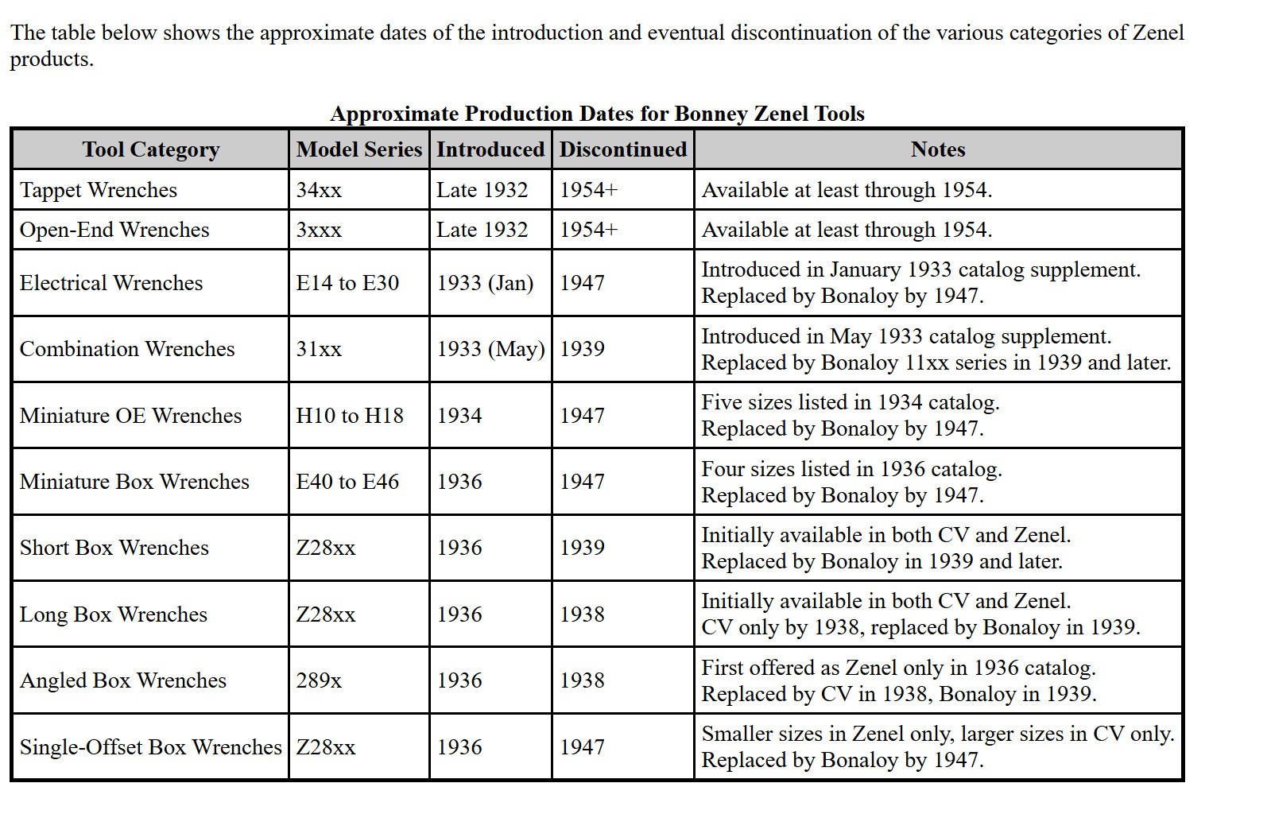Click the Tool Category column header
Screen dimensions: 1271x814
pos(150,149)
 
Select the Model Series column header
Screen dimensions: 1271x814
pos(359,149)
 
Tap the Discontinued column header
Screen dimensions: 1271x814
pos(623,149)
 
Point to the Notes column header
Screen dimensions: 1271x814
pos(938,149)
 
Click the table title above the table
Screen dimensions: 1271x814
pos(597,114)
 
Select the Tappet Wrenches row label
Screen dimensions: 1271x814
pos(98,190)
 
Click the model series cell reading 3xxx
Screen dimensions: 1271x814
pos(319,230)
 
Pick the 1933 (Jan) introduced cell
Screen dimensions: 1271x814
pos(485,283)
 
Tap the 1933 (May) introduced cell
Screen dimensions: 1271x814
pos(490,349)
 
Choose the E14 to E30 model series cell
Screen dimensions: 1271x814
pos(347,283)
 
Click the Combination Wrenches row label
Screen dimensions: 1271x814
pos(127,349)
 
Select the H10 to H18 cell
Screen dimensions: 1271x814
pos(350,416)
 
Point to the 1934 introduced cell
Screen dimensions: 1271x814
pos(459,416)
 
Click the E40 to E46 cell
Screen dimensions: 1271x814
pos(347,482)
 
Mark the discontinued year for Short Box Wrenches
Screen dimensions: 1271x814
pos(582,548)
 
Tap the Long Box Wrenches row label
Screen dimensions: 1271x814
pos(114,614)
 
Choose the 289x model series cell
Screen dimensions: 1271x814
pos(319,680)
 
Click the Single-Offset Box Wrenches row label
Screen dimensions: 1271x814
pos(150,747)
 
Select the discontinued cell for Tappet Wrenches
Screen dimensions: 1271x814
pos(588,190)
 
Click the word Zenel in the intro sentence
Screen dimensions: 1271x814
pos(1158,33)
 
